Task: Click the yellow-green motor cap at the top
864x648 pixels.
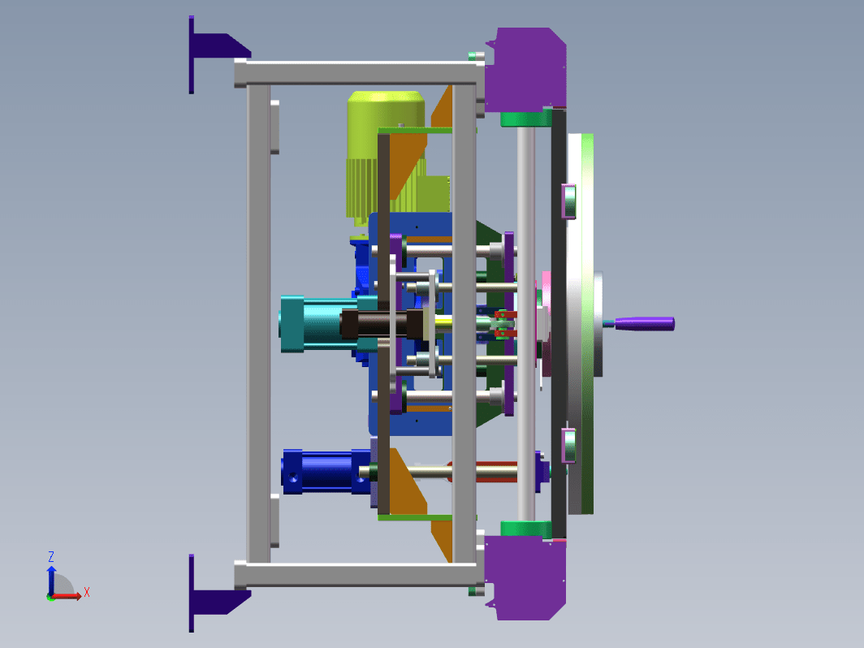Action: click(x=386, y=109)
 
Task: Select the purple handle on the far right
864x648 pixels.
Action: click(x=644, y=323)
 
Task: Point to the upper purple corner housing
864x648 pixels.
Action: click(x=526, y=69)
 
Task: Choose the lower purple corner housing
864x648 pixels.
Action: click(x=526, y=578)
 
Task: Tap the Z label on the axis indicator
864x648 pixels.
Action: click(x=50, y=556)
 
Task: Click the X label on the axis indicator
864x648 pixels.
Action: click(x=87, y=593)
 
